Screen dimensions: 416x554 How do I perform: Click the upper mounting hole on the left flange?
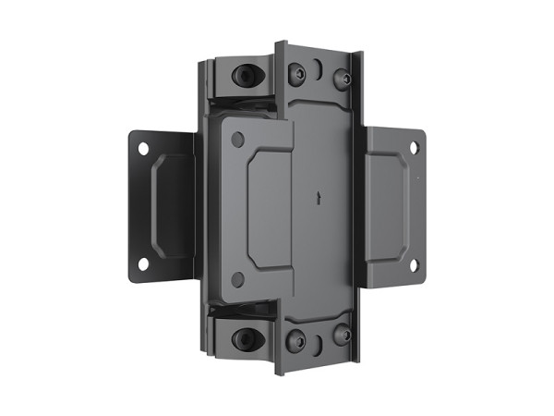pyautogui.click(x=143, y=148)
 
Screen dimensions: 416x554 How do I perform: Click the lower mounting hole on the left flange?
pyautogui.click(x=143, y=263)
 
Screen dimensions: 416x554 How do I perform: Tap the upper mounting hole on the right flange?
pyautogui.click(x=414, y=148)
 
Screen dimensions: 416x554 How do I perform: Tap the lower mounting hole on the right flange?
pyautogui.click(x=413, y=265)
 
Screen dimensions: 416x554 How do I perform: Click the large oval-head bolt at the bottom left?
pyautogui.click(x=246, y=336)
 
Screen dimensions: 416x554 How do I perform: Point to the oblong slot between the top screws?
pyautogui.click(x=319, y=69)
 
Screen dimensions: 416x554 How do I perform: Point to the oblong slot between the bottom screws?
pyautogui.click(x=319, y=343)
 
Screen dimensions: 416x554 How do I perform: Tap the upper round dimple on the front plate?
pyautogui.click(x=237, y=139)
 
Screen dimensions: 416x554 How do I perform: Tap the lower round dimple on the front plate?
pyautogui.click(x=237, y=277)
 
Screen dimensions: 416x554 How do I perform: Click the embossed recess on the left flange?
pyautogui.click(x=171, y=205)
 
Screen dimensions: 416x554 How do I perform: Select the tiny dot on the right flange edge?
pyautogui.click(x=417, y=176)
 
